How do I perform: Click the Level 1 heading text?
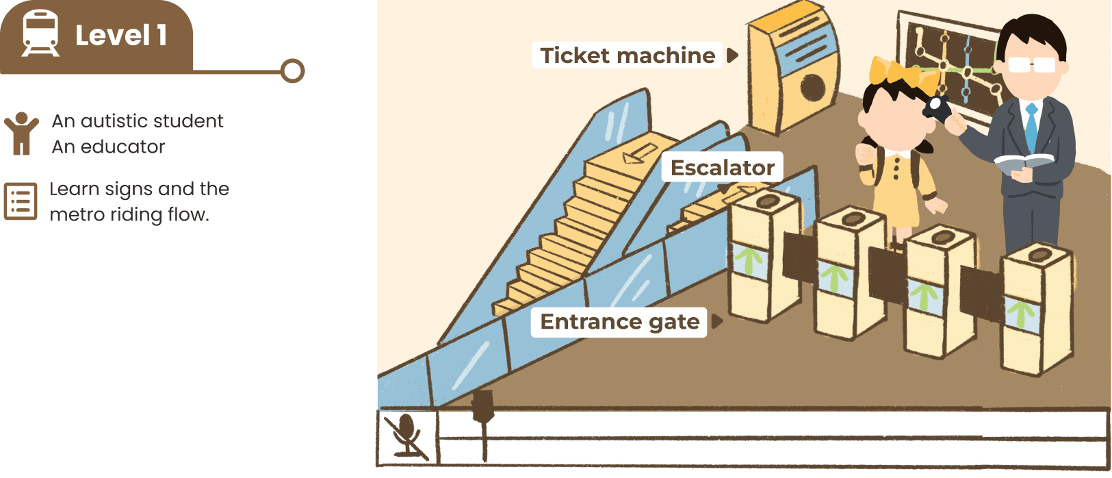click(121, 36)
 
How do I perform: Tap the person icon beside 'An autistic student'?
click(21, 133)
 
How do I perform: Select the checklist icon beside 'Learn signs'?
click(21, 201)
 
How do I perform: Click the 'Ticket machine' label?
click(628, 55)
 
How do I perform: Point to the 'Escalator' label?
click(722, 168)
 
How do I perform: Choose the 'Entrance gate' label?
click(619, 322)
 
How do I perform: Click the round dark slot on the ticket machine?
click(812, 87)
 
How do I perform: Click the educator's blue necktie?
click(1031, 126)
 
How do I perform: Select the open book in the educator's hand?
click(1023, 163)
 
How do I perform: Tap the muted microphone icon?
click(406, 436)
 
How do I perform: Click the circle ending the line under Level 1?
click(293, 71)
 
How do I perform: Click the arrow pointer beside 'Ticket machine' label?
click(732, 55)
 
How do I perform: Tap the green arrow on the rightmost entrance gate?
click(1021, 313)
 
